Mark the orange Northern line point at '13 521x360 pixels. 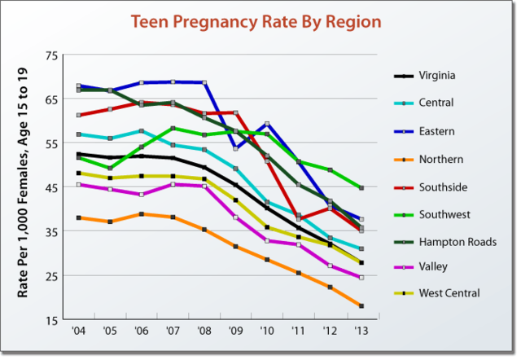pyautogui.click(x=361, y=306)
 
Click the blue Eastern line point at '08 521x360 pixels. pyautogui.click(x=204, y=82)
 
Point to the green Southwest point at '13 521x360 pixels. pyautogui.click(x=361, y=187)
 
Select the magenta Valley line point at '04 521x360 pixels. pyautogui.click(x=78, y=185)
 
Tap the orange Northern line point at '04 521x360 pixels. pyautogui.click(x=78, y=217)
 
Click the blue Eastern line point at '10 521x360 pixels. pyautogui.click(x=267, y=124)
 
